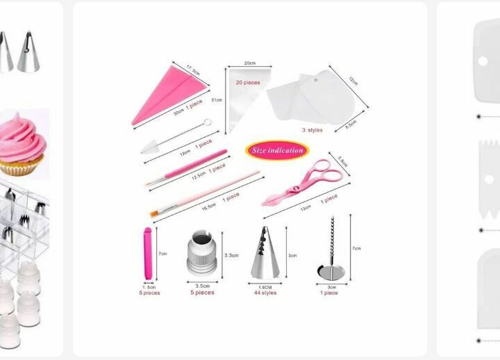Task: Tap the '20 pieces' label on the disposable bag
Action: pos(248,83)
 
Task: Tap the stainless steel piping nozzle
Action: pos(265,254)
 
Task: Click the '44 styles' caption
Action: pos(265,293)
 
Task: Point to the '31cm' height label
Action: pos(217,100)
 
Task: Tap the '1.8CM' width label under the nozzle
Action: pos(265,286)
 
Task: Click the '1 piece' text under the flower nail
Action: pos(329,293)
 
